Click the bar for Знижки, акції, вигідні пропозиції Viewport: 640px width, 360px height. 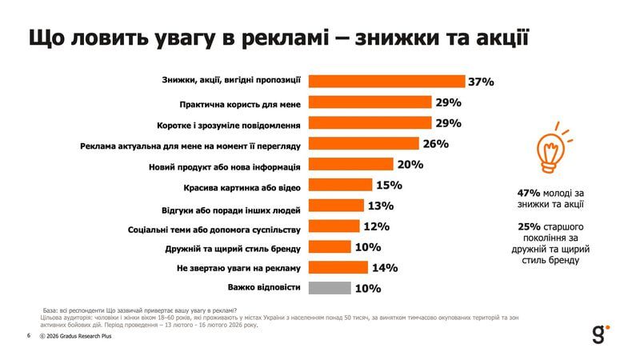tap(386, 81)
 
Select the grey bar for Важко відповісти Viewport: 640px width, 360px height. tap(329, 288)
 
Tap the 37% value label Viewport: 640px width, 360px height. tap(482, 82)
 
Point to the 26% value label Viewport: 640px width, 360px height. tap(435, 144)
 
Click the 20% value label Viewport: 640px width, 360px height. tap(410, 164)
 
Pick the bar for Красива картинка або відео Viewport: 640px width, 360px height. tap(340, 185)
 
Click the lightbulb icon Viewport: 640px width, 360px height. tap(550, 147)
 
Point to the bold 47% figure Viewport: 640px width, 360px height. tap(530, 193)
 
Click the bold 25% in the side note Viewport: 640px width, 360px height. tap(530, 227)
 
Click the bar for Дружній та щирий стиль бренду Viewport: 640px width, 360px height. tap(329, 247)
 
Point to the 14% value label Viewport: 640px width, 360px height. tap(385, 268)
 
